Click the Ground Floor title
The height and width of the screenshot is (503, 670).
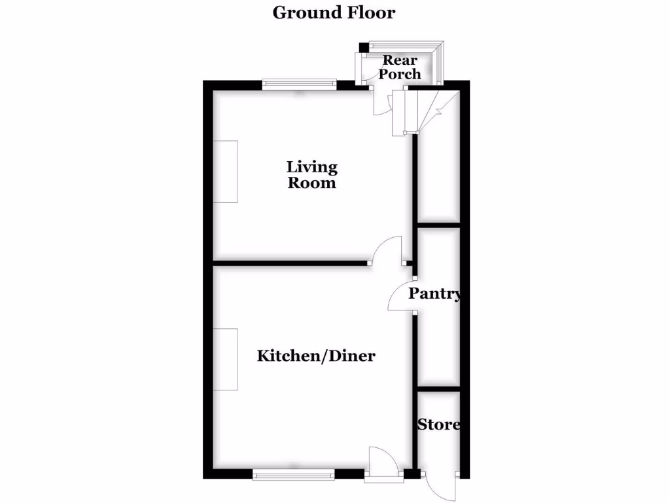tap(334, 12)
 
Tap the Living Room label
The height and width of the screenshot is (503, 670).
tap(312, 175)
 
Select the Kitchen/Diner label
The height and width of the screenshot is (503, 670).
tap(316, 356)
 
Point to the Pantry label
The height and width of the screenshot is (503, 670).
tap(434, 294)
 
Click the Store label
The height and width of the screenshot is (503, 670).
tap(438, 424)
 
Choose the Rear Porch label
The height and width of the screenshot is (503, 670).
tap(400, 67)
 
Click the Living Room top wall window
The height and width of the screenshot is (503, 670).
tap(300, 84)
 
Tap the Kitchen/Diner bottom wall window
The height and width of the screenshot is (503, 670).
tap(294, 474)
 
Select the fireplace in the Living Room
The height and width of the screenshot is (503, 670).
tap(226, 172)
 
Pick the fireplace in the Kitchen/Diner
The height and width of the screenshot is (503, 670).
tap(226, 360)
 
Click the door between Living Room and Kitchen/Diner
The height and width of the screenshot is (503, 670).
tap(388, 251)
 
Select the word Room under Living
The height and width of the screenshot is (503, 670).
tap(312, 183)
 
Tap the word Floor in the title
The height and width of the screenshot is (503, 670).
tap(370, 12)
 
